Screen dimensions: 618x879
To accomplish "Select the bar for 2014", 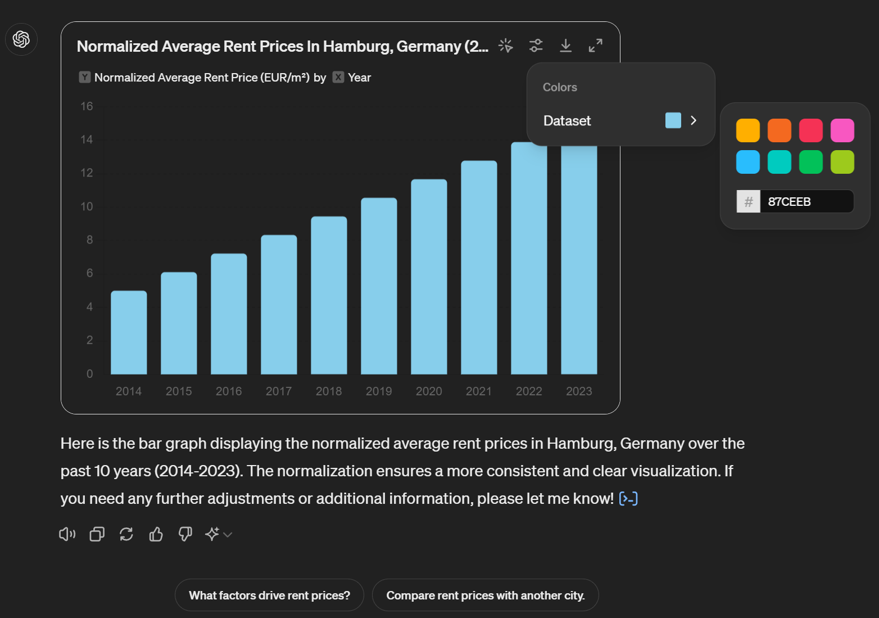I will click(x=129, y=332).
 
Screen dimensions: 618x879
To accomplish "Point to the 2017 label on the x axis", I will click(x=279, y=391).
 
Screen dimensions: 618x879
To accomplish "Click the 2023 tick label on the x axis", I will click(x=579, y=391).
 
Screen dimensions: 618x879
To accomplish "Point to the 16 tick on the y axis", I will click(x=87, y=106).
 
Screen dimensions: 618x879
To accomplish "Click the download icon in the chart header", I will click(x=566, y=46).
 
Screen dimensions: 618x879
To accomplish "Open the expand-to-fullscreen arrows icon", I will click(x=596, y=46).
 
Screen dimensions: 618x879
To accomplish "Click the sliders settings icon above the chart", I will click(x=536, y=46).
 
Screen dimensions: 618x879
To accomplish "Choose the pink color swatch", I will click(x=842, y=130).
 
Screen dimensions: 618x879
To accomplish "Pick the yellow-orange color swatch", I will click(x=748, y=130).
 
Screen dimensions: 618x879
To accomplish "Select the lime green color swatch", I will click(x=842, y=162).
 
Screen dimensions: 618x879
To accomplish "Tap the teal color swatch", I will click(x=780, y=162).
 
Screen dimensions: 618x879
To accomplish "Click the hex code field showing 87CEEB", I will click(x=806, y=201).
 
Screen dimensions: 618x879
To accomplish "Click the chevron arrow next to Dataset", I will click(x=694, y=120).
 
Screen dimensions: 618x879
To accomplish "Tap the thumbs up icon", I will click(x=156, y=534).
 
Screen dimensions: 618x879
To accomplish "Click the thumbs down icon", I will click(x=185, y=534).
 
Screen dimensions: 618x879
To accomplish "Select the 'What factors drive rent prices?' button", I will click(x=269, y=595).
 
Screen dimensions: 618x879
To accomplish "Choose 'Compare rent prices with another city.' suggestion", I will click(x=486, y=595).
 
